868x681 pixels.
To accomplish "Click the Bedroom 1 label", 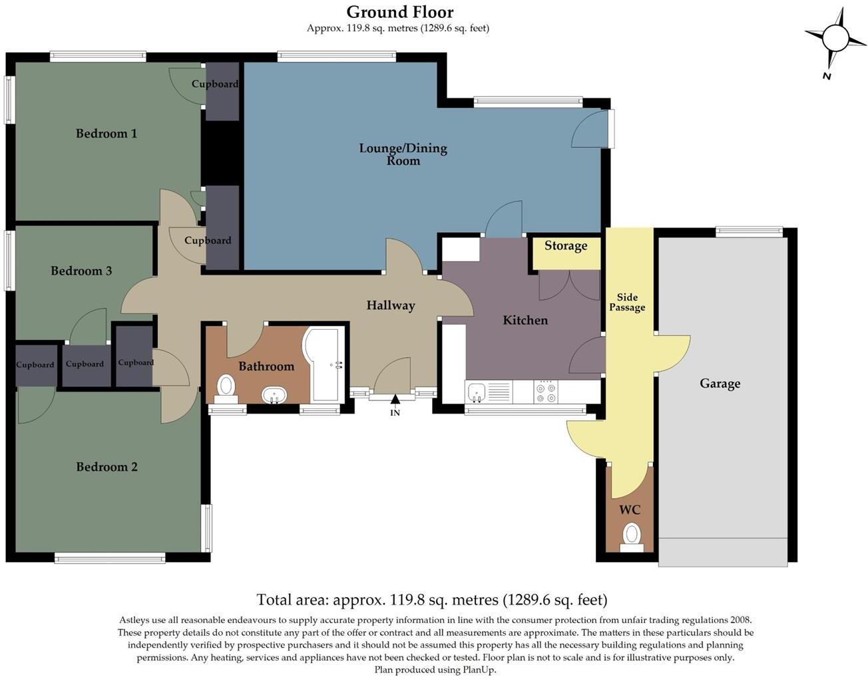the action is tap(107, 133).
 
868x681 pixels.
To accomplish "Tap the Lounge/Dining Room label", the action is tap(403, 154).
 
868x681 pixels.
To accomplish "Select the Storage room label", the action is tap(566, 246).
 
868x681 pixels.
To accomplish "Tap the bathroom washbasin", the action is tap(274, 395).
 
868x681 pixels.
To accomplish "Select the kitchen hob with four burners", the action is tap(546, 392).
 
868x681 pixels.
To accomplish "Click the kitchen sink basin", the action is tap(477, 392).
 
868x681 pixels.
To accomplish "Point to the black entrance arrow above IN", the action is tap(395, 399).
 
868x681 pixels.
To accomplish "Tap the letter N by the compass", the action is tap(826, 76).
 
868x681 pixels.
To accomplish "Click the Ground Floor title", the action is tap(400, 13).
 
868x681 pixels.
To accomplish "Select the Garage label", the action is tap(720, 384).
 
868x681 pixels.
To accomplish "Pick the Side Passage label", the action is tap(627, 302).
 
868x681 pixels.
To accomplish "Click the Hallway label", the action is tap(391, 306).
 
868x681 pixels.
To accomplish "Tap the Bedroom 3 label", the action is tap(81, 271).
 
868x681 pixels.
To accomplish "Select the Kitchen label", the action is tap(525, 320).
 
